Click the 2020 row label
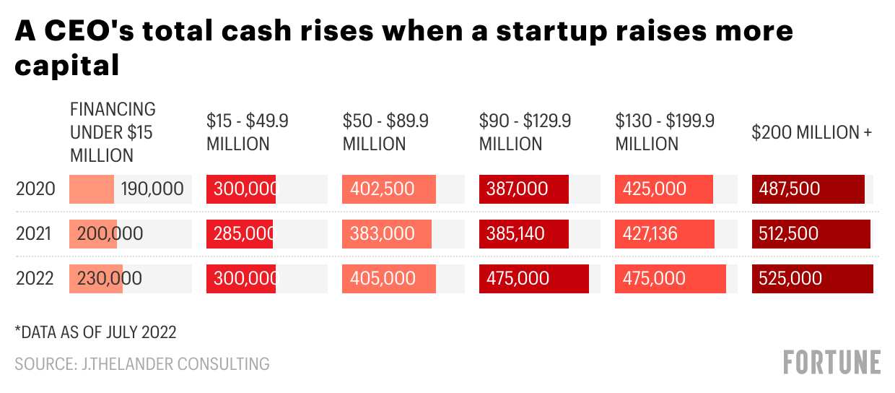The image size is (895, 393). tap(35, 189)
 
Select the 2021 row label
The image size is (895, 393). tap(35, 234)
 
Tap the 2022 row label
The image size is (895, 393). tap(35, 278)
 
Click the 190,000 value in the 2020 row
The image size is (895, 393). tap(152, 189)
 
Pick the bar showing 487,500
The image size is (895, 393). tap(808, 189)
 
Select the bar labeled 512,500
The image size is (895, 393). tap(811, 234)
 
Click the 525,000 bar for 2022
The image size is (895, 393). tap(812, 278)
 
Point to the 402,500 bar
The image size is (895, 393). tap(389, 189)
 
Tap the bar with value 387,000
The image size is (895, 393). tap(523, 189)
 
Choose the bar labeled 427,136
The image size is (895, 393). tap(664, 234)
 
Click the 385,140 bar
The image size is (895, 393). tap(523, 234)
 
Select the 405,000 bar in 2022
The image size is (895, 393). tap(389, 278)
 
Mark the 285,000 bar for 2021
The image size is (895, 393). tap(241, 234)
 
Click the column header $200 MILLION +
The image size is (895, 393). tap(812, 132)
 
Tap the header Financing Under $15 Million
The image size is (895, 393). tap(113, 132)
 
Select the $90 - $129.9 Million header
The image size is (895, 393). tap(525, 132)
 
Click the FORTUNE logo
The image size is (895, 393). tap(832, 362)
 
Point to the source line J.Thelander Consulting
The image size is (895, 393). tap(142, 363)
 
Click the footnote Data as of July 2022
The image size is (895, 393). tap(96, 332)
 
